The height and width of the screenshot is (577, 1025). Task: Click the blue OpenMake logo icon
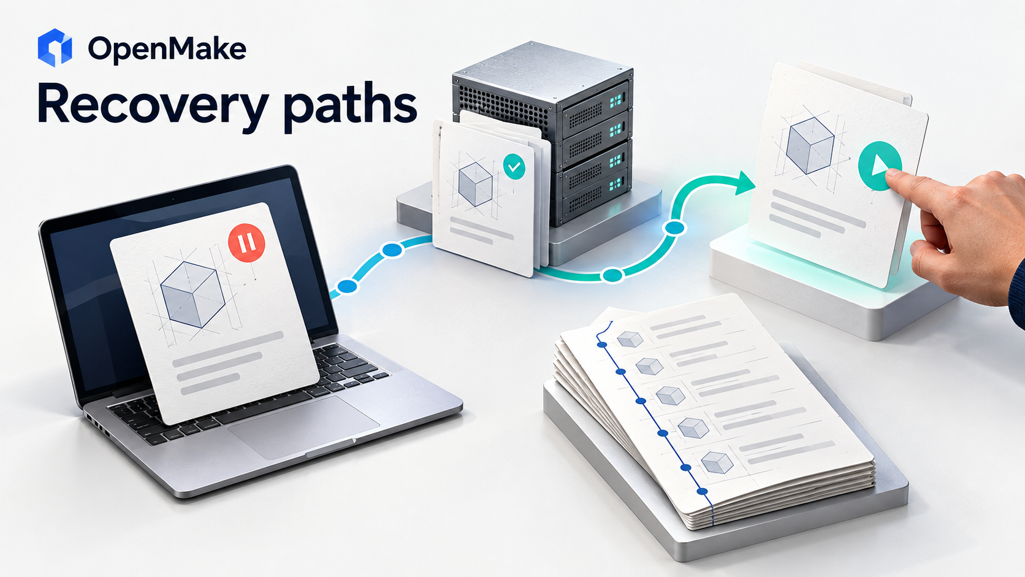click(x=55, y=48)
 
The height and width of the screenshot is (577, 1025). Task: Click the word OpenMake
click(x=167, y=48)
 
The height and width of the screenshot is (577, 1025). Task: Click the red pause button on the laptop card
click(x=246, y=243)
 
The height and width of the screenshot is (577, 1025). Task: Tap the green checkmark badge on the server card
click(x=514, y=167)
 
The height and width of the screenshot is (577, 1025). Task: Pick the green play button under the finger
click(x=880, y=166)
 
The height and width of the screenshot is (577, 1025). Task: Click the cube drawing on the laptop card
click(x=192, y=295)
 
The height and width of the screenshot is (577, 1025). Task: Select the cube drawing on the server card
click(x=476, y=184)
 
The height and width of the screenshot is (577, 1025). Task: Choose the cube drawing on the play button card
click(x=810, y=145)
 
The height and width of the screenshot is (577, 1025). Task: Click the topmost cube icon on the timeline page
click(x=630, y=339)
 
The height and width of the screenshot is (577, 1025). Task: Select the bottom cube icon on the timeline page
click(x=717, y=462)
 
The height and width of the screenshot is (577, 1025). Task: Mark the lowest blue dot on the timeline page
click(x=703, y=491)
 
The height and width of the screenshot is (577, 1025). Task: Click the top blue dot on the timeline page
click(x=602, y=345)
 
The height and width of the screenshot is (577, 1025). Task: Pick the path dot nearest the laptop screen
click(x=347, y=286)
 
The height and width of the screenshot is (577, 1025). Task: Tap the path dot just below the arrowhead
click(x=674, y=227)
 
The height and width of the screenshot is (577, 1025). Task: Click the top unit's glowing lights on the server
click(x=615, y=101)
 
